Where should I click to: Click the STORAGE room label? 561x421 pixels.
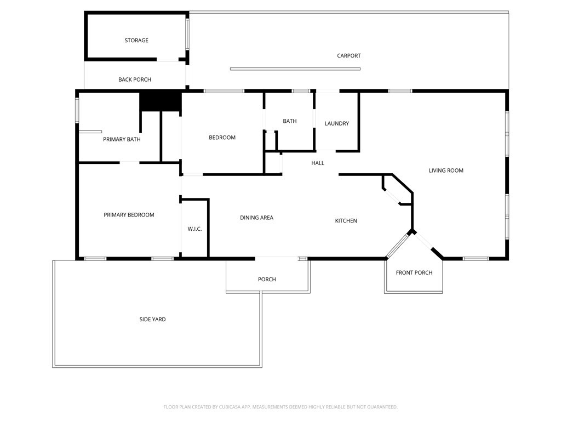click(x=136, y=41)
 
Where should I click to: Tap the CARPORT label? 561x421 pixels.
click(x=349, y=55)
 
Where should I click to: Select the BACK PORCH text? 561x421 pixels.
click(x=135, y=79)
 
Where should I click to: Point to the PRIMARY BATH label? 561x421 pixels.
click(x=122, y=139)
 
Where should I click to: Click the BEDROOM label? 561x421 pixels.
click(x=222, y=138)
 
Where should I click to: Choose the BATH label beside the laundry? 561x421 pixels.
click(x=290, y=121)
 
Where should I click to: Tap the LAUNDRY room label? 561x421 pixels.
click(x=337, y=123)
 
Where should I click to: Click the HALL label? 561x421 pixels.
click(x=318, y=163)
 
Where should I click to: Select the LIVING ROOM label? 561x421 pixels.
click(x=446, y=170)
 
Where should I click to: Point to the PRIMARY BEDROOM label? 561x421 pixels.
click(x=129, y=215)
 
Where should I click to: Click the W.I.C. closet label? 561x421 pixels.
click(x=194, y=229)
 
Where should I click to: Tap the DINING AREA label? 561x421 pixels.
click(x=256, y=218)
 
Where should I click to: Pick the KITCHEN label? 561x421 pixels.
click(x=346, y=221)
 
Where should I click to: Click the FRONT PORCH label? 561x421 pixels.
click(x=414, y=273)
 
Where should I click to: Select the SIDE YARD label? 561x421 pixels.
click(x=152, y=320)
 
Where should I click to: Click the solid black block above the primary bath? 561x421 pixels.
click(x=161, y=102)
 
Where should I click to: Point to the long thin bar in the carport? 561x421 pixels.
click(x=295, y=69)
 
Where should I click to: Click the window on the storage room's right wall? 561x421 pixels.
click(x=187, y=34)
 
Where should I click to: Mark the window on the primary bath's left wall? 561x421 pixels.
click(x=77, y=111)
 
